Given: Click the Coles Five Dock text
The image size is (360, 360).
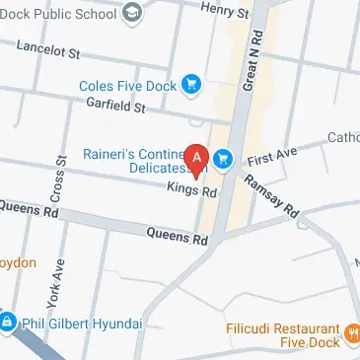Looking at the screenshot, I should coord(129,86).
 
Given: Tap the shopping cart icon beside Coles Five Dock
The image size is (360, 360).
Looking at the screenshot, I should coord(191,86).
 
